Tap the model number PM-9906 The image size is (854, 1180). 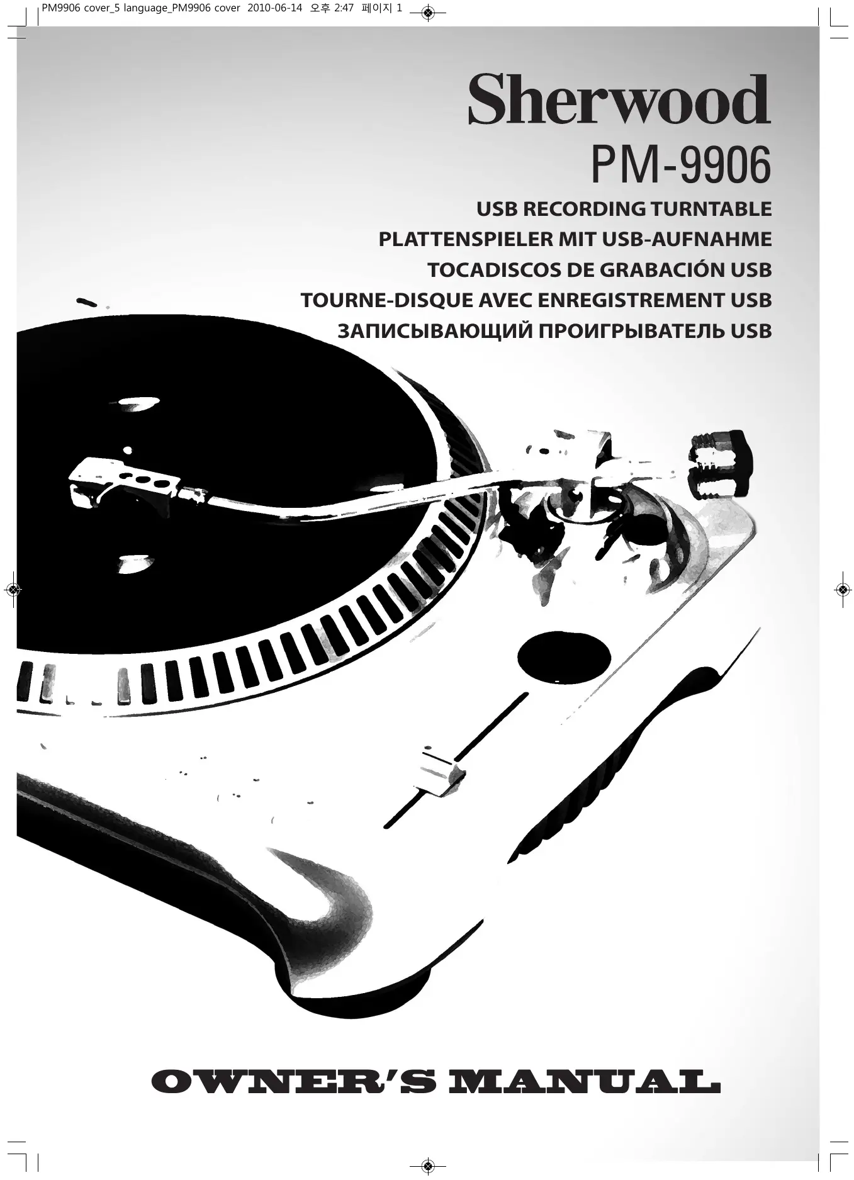pos(680,166)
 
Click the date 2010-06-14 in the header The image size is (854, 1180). pos(276,9)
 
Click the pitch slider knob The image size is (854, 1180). pos(441,774)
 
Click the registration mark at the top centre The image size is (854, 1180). pos(427,13)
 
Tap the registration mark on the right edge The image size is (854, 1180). pos(842,590)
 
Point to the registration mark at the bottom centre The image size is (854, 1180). pos(427,1166)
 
